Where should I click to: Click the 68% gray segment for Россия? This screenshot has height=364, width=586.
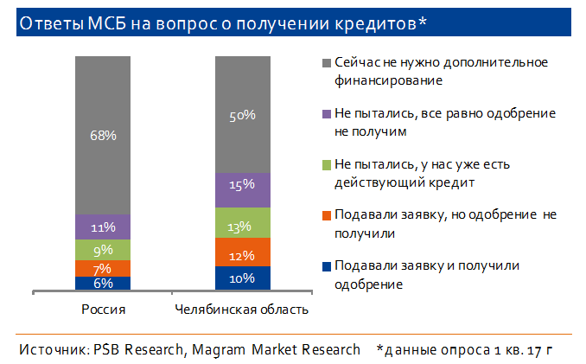(x=103, y=135)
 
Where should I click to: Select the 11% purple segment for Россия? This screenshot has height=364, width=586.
(x=103, y=227)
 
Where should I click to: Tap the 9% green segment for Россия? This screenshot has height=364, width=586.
(x=103, y=249)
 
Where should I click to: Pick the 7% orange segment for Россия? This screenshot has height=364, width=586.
(x=103, y=268)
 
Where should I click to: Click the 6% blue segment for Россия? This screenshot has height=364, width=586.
(x=103, y=283)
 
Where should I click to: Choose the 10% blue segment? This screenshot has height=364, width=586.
(x=243, y=278)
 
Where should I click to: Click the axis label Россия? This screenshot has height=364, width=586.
(x=103, y=309)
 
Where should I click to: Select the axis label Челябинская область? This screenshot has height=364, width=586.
(x=242, y=309)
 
